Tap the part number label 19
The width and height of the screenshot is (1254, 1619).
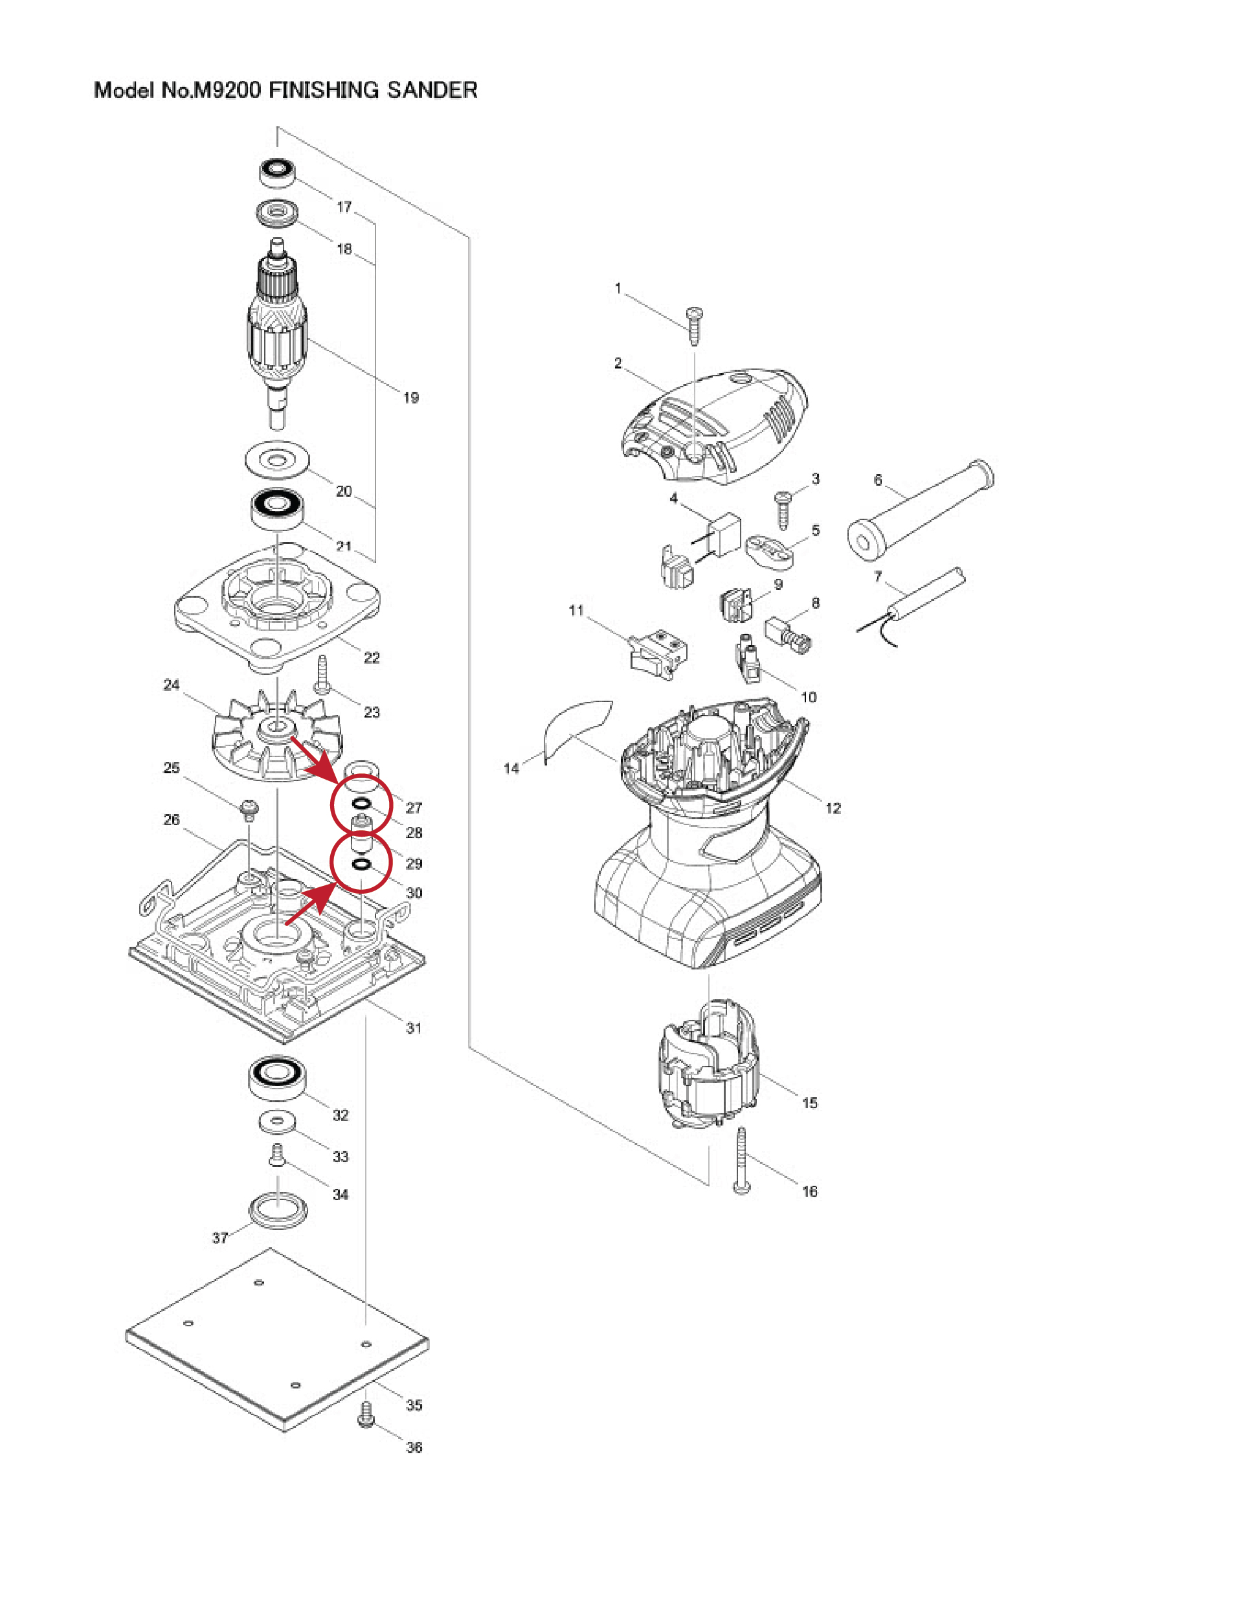pos(410,398)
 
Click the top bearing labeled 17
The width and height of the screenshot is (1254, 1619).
pos(277,173)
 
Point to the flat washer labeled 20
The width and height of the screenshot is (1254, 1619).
pos(277,461)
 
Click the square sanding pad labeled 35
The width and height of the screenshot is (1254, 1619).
pos(276,1341)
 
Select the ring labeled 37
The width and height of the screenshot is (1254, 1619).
pos(277,1212)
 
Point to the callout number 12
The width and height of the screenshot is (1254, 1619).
pos(833,808)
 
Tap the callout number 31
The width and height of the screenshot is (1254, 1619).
pos(414,1028)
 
